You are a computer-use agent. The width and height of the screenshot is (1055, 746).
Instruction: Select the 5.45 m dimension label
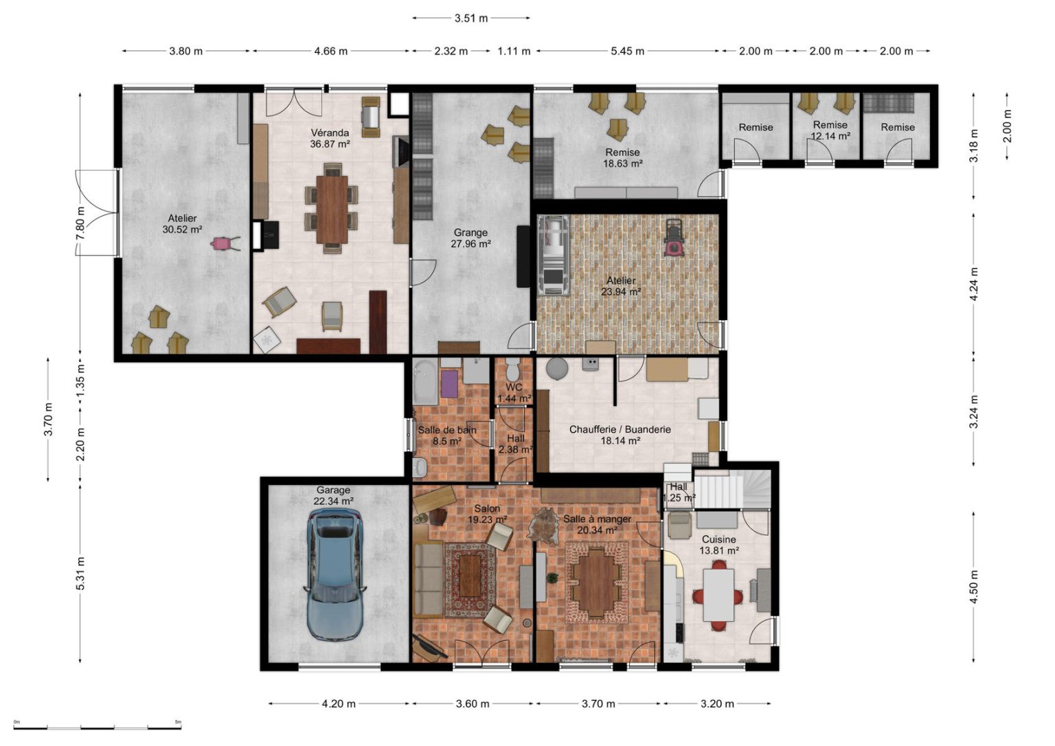point(627,51)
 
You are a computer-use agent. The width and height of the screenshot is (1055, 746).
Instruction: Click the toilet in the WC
point(513,369)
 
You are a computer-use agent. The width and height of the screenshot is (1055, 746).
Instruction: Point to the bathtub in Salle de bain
point(426,383)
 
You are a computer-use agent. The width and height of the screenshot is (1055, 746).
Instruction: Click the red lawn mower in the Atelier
point(675,238)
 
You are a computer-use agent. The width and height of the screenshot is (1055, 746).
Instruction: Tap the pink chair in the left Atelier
point(224,243)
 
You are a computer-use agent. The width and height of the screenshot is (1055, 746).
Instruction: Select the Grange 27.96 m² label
point(470,238)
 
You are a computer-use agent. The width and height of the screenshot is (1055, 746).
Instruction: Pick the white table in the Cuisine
point(718,595)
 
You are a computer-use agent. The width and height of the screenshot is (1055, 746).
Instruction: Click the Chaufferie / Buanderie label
point(620,429)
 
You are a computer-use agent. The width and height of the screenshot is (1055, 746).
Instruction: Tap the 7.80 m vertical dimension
point(80,223)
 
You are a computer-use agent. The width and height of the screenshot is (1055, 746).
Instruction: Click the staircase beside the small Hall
point(732,490)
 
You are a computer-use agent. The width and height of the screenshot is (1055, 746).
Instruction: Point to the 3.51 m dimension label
point(471,19)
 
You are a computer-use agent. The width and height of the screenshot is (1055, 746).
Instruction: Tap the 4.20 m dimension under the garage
point(339,703)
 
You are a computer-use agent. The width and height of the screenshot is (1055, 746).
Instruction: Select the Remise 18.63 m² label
point(623,158)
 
